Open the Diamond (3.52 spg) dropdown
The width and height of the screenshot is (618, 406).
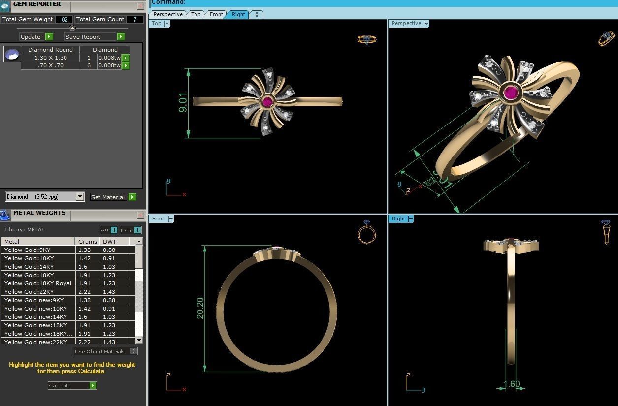tap(80, 196)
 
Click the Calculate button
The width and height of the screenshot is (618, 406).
tap(72, 385)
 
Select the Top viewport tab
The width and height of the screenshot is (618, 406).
tap(195, 14)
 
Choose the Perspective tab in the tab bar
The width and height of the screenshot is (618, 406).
tap(167, 14)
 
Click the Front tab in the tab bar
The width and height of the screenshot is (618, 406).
tap(216, 14)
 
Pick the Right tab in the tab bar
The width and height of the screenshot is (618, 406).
tap(238, 14)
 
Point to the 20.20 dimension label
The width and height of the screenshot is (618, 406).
tap(200, 308)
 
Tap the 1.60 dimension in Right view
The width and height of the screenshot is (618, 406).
tap(511, 384)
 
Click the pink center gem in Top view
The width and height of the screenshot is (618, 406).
tap(267, 102)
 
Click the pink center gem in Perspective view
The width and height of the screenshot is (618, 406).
tap(511, 92)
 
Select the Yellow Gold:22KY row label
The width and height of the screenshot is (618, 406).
tap(29, 292)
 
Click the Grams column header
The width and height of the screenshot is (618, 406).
tap(87, 242)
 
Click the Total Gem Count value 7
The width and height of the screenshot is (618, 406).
tap(134, 19)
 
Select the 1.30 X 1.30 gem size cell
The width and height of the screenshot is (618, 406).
tap(50, 58)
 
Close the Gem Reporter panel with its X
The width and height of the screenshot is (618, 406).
tap(141, 6)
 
